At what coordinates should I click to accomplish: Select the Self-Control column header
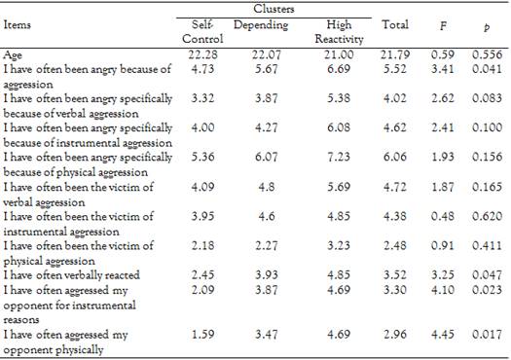click(x=198, y=27)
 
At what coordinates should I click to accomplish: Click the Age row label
click(x=15, y=55)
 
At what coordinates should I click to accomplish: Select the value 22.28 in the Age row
click(x=198, y=55)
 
